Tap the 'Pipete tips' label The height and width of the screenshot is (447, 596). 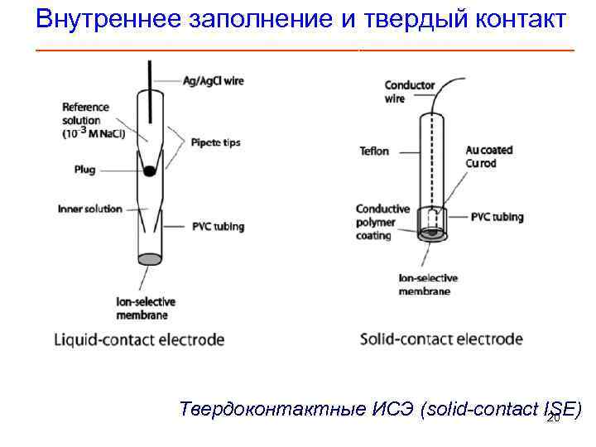(215, 142)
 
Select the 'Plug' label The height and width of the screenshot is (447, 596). (84, 170)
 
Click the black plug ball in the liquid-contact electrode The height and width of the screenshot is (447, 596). (149, 171)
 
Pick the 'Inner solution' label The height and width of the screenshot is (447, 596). (89, 209)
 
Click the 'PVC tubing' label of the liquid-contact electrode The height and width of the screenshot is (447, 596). (217, 227)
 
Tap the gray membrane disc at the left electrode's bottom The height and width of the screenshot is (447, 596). (149, 259)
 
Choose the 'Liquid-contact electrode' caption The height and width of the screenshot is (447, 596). (139, 339)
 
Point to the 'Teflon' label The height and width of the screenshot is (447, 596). (374, 151)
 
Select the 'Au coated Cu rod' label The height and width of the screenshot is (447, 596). (488, 156)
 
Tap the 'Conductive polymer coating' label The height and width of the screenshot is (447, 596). (382, 222)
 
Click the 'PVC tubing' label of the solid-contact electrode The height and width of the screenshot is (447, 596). (497, 218)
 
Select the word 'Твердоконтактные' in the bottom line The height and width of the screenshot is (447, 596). (261, 410)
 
